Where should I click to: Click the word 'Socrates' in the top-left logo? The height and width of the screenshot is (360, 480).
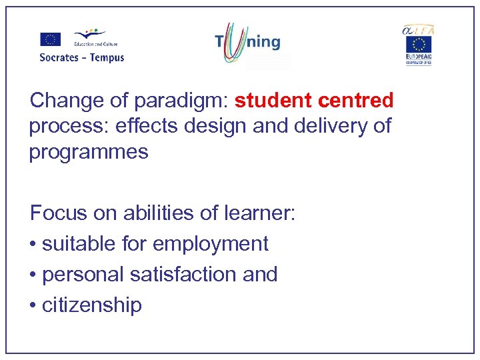pyautogui.click(x=59, y=57)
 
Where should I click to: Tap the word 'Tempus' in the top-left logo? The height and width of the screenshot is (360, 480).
pyautogui.click(x=107, y=57)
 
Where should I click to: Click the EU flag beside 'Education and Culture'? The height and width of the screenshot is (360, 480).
pyautogui.click(x=51, y=39)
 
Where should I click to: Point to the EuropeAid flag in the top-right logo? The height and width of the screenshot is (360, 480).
pyautogui.click(x=419, y=45)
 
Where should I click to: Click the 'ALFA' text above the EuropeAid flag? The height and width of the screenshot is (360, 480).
pyautogui.click(x=417, y=29)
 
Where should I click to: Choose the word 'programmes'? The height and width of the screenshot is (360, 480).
pyautogui.click(x=88, y=151)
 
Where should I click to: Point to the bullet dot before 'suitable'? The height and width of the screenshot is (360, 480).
pyautogui.click(x=33, y=245)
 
